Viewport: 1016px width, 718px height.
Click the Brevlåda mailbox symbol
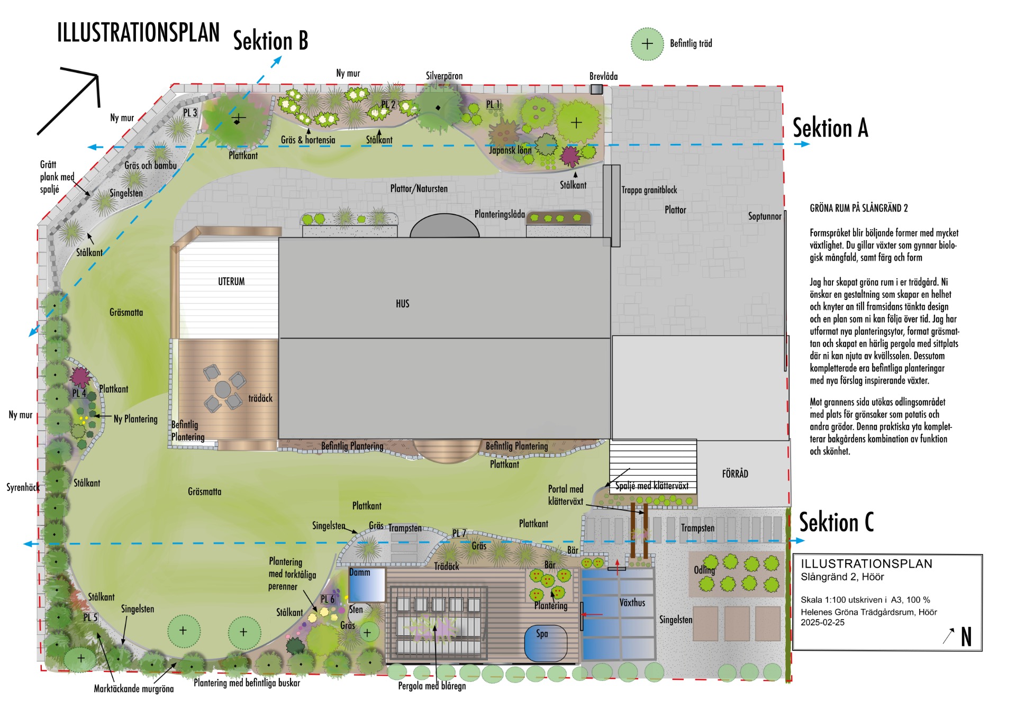(x=596, y=89)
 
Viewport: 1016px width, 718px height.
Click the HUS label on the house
(x=402, y=304)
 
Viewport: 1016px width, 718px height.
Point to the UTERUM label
(x=231, y=281)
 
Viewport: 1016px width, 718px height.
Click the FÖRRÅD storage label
(x=735, y=474)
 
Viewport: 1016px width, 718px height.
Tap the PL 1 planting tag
(x=493, y=105)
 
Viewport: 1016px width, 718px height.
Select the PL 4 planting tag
(x=79, y=393)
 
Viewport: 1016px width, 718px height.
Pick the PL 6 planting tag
(x=328, y=599)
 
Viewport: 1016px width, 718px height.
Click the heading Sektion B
(x=270, y=41)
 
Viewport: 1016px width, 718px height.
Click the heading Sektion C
(x=836, y=522)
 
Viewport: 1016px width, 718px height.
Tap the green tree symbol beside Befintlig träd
(x=647, y=44)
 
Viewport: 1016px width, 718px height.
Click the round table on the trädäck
(x=223, y=389)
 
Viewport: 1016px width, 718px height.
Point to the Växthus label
(x=632, y=602)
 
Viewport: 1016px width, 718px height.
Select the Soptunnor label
(x=765, y=216)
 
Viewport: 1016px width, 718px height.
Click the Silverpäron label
(x=444, y=76)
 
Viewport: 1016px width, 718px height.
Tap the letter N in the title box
(x=966, y=637)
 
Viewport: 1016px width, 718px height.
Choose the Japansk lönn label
(x=510, y=150)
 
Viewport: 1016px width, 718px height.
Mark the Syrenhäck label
(x=23, y=487)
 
